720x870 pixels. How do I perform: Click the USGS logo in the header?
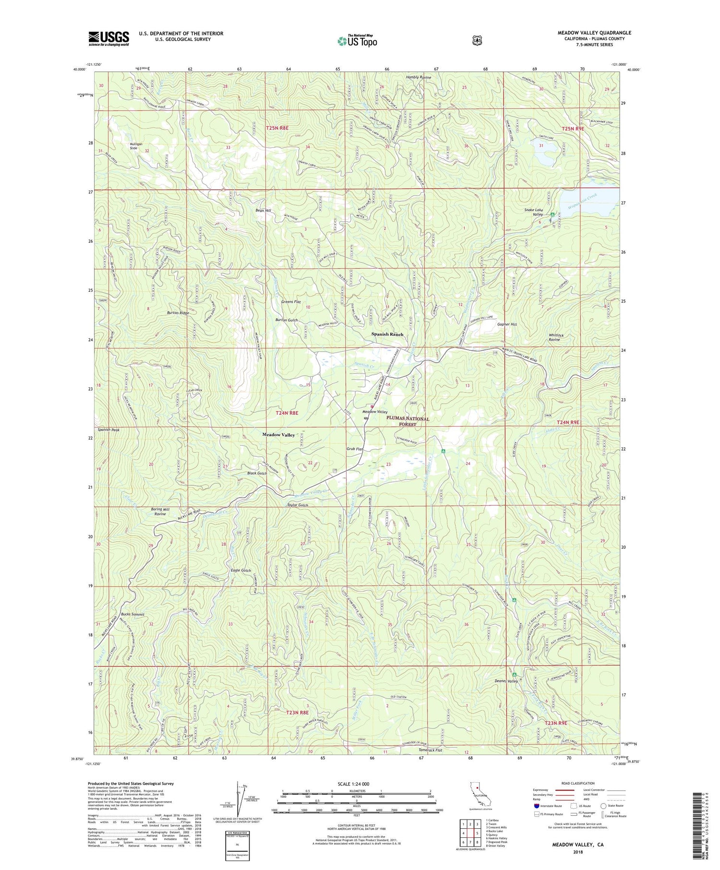(108, 38)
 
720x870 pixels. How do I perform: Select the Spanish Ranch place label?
(387, 334)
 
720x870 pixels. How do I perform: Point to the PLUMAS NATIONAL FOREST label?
(408, 421)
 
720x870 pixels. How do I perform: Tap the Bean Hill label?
(263, 211)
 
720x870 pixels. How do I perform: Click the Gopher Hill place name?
(507, 324)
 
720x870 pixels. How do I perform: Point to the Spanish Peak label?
(108, 430)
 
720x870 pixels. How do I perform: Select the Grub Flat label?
(355, 449)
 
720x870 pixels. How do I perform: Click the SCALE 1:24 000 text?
(356, 784)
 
